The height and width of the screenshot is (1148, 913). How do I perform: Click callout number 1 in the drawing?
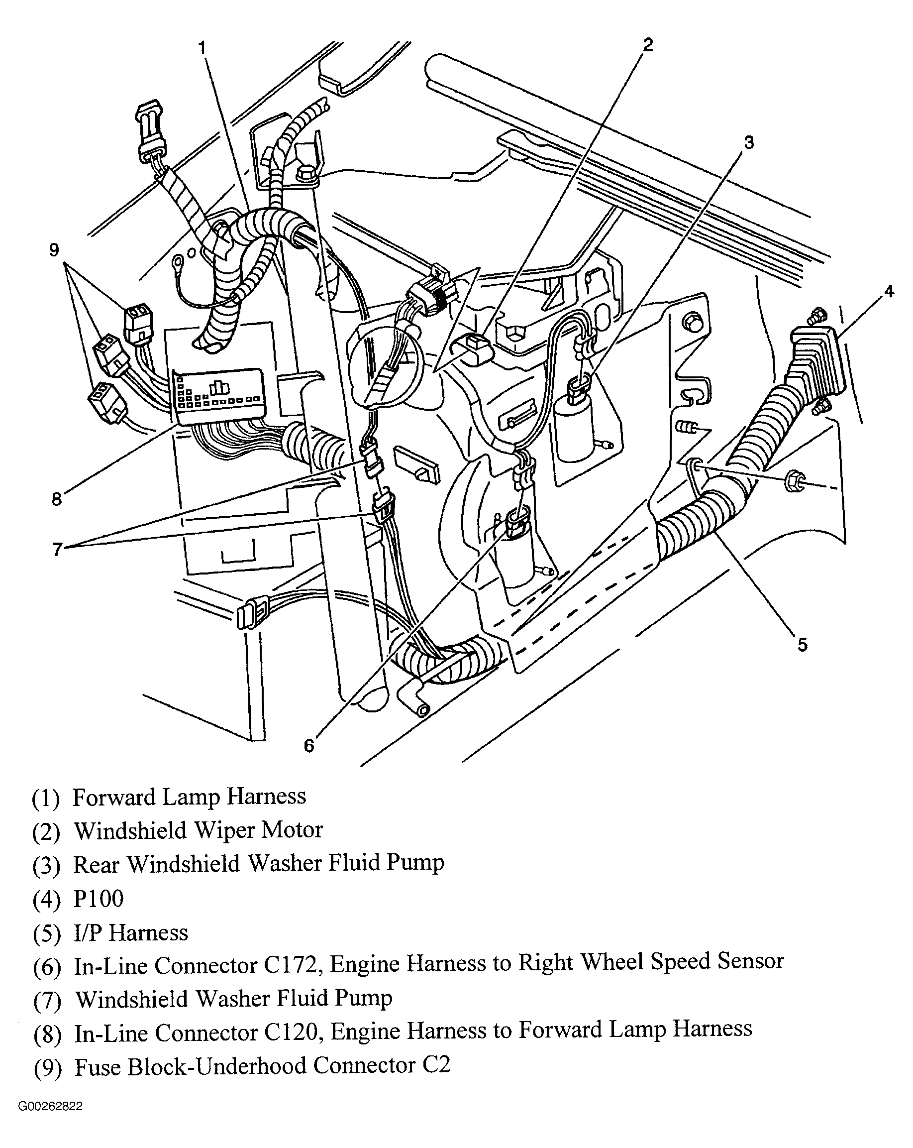tap(202, 48)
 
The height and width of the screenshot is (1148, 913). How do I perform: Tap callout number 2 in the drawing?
tap(647, 45)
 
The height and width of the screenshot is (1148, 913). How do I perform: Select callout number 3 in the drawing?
tap(749, 143)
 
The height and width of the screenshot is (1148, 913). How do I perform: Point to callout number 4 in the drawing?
tap(889, 291)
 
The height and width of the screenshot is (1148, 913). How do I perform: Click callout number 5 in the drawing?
tap(803, 645)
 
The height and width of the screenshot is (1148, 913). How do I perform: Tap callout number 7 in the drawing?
tap(57, 549)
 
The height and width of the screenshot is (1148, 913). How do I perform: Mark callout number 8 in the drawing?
tap(57, 499)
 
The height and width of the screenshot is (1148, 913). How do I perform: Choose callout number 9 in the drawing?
tap(54, 250)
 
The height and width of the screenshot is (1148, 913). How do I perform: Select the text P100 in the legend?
tap(99, 899)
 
